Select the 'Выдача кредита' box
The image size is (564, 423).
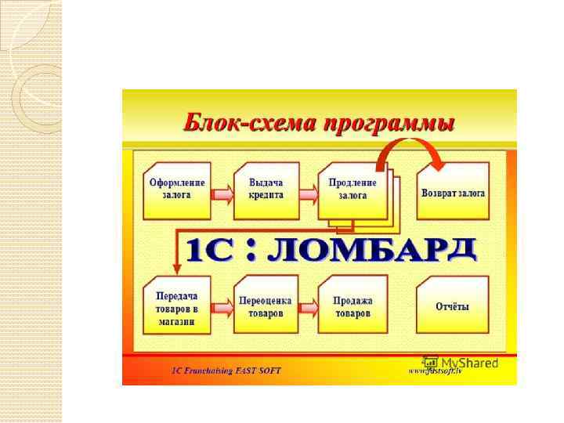266,189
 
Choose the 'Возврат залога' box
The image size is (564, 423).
453,192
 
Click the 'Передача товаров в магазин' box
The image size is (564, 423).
177,306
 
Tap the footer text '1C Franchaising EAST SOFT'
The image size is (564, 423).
226,370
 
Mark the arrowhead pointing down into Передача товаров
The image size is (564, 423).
176,271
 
